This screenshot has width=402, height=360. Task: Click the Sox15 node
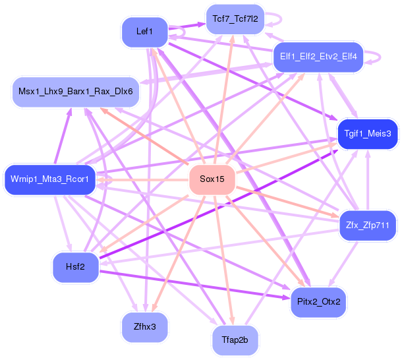pyautogui.click(x=212, y=179)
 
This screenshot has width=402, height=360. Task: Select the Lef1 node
pyautogui.click(x=144, y=31)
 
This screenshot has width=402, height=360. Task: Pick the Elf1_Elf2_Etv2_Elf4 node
pyautogui.click(x=318, y=57)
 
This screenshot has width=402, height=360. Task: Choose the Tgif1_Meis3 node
pyautogui.click(x=367, y=133)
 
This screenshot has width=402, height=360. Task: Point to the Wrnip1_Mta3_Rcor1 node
pyautogui.click(x=50, y=179)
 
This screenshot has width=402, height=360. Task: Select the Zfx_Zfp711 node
pyautogui.click(x=367, y=225)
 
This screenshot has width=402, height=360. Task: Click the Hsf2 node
pyautogui.click(x=75, y=266)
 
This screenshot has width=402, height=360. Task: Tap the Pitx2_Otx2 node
pyautogui.click(x=318, y=302)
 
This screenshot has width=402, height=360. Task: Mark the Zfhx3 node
pyautogui.click(x=144, y=326)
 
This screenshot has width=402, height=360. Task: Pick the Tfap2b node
pyautogui.click(x=235, y=340)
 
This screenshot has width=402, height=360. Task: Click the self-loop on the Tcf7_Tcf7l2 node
pyautogui.click(x=272, y=19)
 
